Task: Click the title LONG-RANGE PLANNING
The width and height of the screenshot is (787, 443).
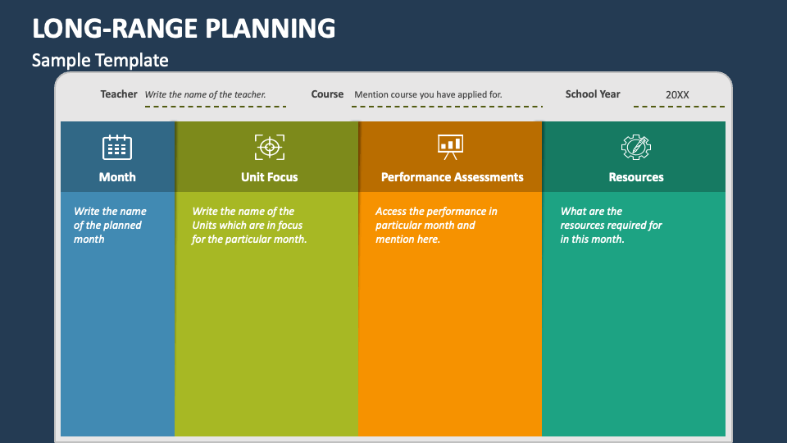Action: click(184, 28)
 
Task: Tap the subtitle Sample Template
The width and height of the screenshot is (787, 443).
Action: click(100, 60)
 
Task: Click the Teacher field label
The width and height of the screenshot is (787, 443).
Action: click(118, 94)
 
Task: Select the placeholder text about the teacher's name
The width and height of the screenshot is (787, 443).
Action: click(205, 94)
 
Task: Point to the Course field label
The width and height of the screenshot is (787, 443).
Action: click(327, 94)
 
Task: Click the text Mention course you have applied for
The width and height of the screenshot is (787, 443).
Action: click(428, 94)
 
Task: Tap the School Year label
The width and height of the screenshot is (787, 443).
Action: click(593, 94)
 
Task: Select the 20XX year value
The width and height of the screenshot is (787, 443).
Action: click(677, 95)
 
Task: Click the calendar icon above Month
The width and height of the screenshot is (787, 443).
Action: click(117, 147)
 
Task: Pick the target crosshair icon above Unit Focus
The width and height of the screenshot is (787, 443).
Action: click(270, 147)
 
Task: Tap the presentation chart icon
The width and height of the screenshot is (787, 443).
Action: click(450, 147)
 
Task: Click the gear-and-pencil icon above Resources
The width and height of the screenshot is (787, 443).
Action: click(636, 147)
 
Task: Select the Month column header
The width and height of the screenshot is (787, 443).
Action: click(117, 177)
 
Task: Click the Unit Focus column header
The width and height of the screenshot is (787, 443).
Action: click(269, 177)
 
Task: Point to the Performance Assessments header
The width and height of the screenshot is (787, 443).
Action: click(452, 177)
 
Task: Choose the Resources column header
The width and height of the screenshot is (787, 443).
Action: click(636, 177)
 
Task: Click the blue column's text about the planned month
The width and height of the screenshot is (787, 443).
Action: click(110, 225)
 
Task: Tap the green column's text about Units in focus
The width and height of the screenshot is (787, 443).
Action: click(249, 225)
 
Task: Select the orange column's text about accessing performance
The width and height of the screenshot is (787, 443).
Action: click(436, 225)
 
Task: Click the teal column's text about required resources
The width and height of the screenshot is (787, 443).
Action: click(611, 225)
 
